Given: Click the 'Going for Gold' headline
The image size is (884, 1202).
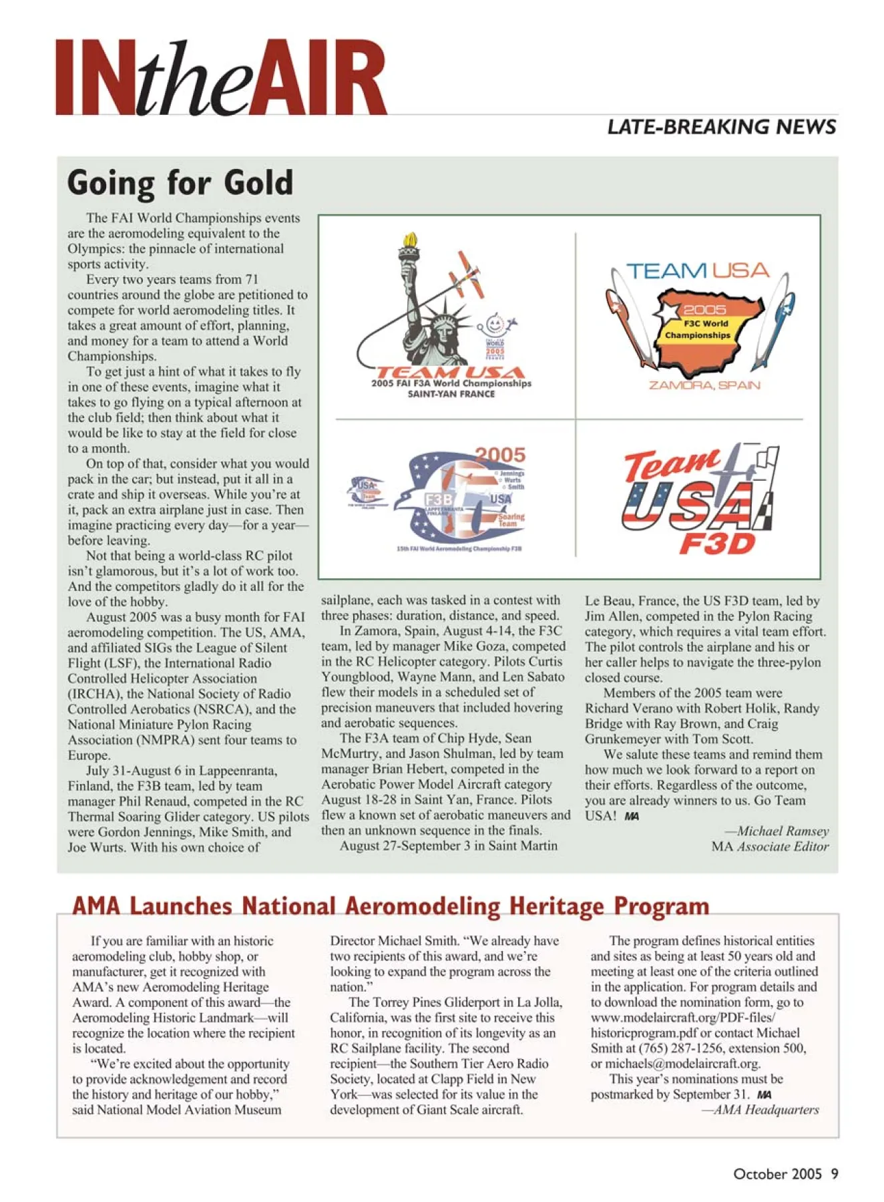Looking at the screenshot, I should tap(180, 182).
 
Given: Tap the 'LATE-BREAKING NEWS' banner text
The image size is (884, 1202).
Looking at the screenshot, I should tap(721, 127).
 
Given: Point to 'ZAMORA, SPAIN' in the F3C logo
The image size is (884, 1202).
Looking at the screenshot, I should tap(704, 385).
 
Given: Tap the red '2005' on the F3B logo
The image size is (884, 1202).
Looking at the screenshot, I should tap(500, 455).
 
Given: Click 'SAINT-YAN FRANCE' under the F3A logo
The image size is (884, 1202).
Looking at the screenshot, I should tap(451, 394).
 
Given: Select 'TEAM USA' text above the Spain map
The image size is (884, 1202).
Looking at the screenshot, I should tap(698, 270).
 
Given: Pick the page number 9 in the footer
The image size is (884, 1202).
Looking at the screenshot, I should tap(835, 1174).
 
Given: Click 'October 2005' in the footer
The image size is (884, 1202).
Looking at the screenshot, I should tap(777, 1174).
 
